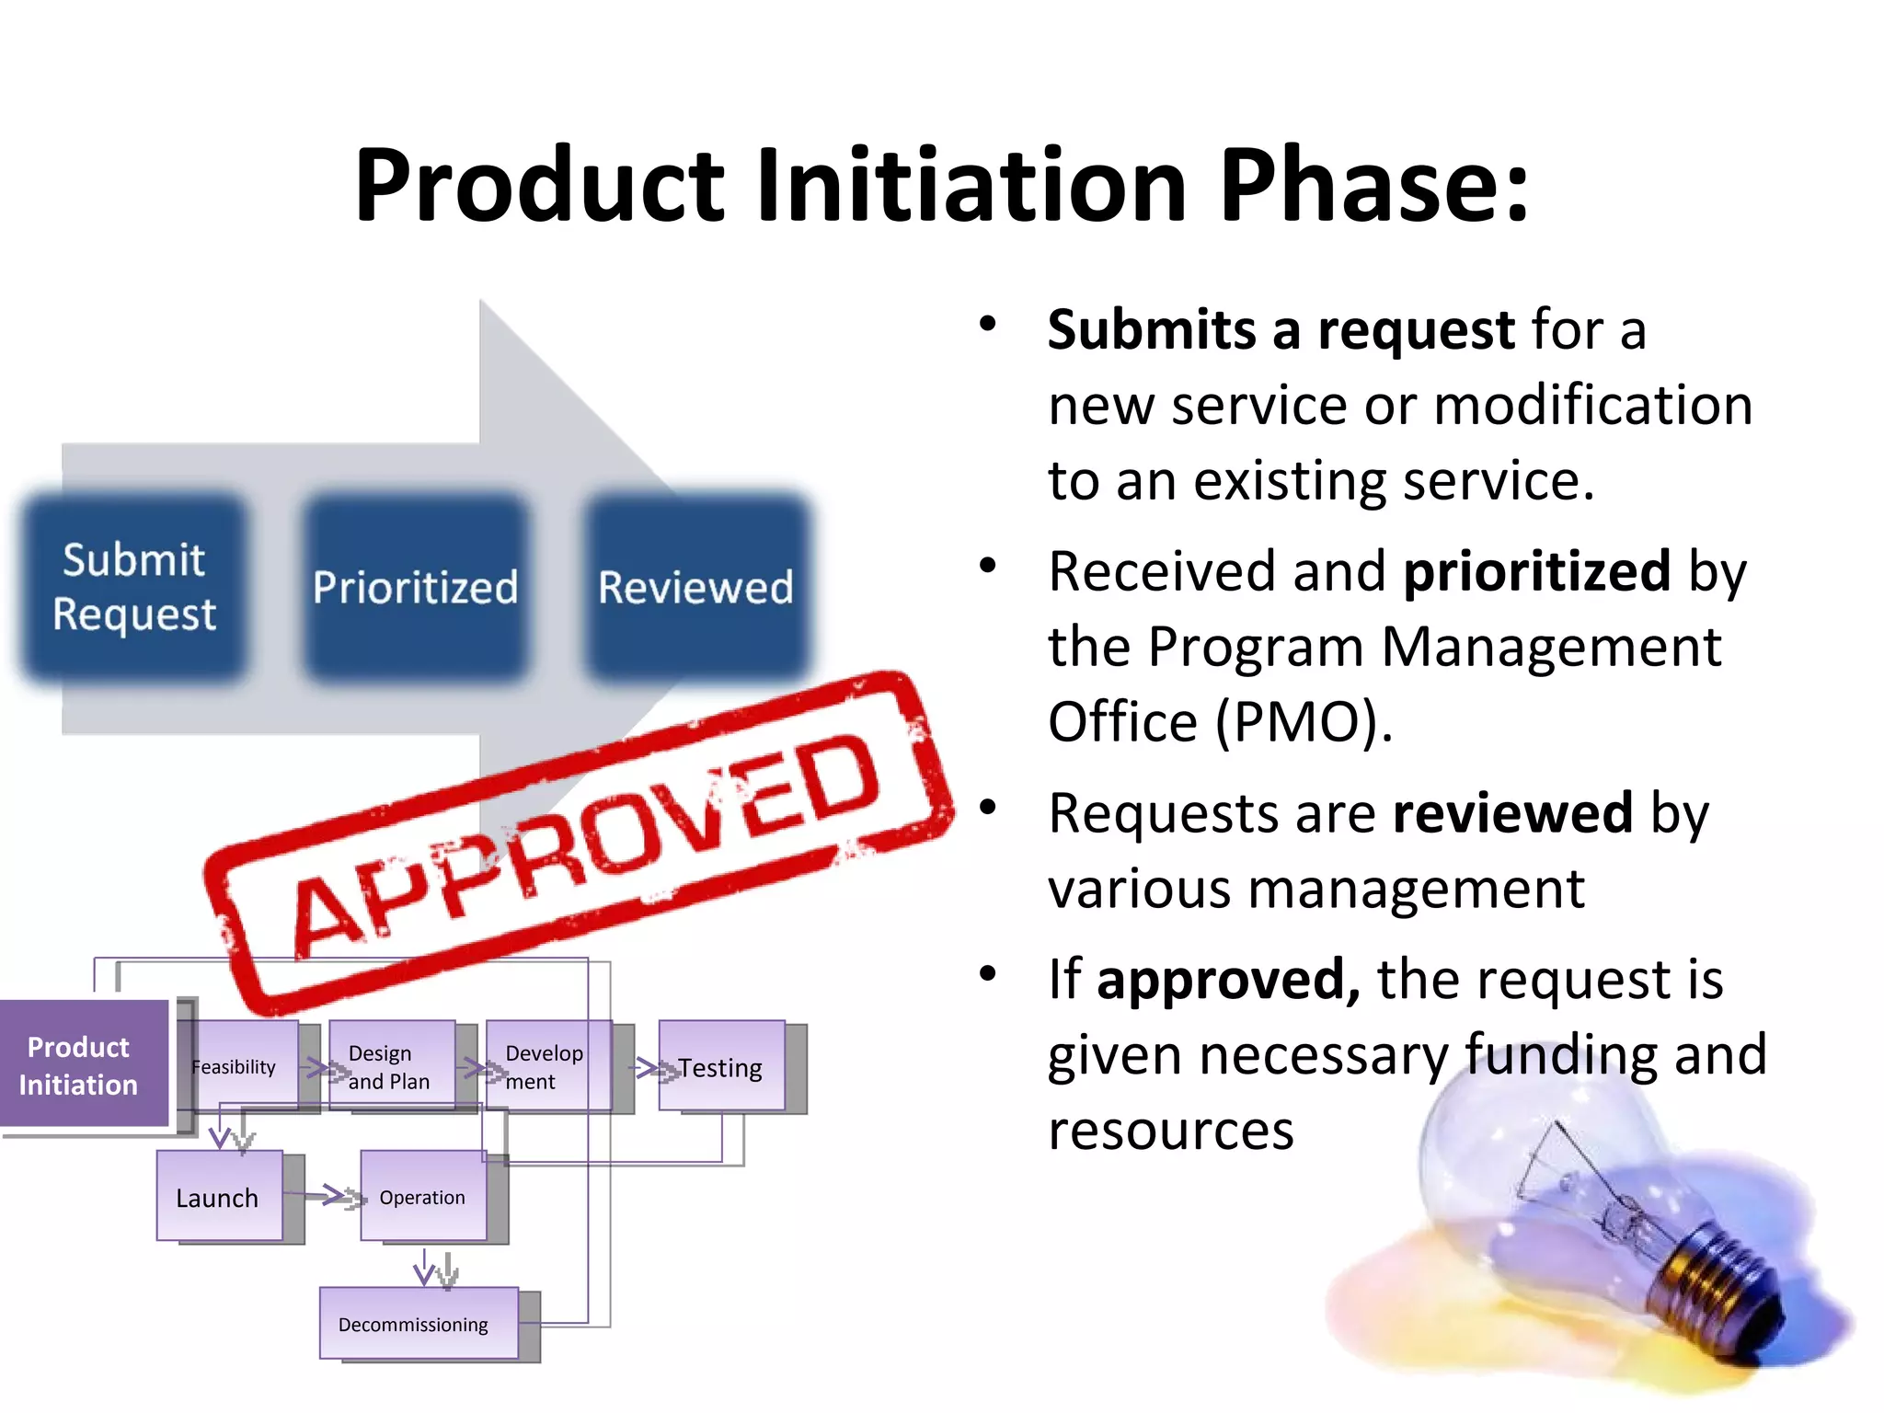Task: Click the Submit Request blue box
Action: [x=134, y=587]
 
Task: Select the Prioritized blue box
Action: [x=415, y=587]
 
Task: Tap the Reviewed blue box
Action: [x=696, y=587]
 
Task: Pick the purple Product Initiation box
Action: [x=81, y=1065]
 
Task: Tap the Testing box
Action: [x=721, y=1067]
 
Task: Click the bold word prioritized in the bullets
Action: [x=1536, y=571]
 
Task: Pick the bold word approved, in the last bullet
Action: [x=1228, y=979]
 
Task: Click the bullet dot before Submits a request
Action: [x=988, y=324]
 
